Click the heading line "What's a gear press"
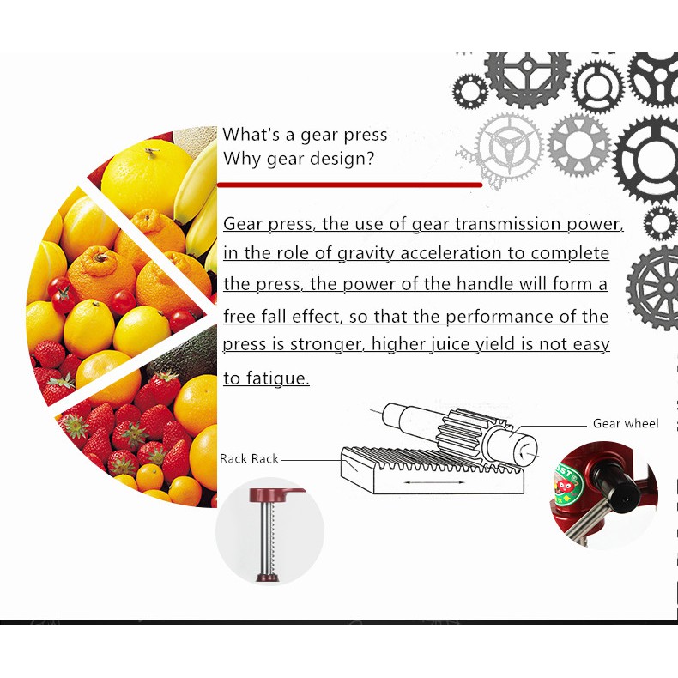(305, 135)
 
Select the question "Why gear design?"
(299, 159)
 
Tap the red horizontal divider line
(349, 185)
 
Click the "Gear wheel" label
(626, 423)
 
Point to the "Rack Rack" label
(249, 458)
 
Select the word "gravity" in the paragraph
(366, 254)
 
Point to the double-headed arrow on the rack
(434, 482)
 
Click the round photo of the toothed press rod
(269, 531)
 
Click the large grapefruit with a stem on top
(146, 179)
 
